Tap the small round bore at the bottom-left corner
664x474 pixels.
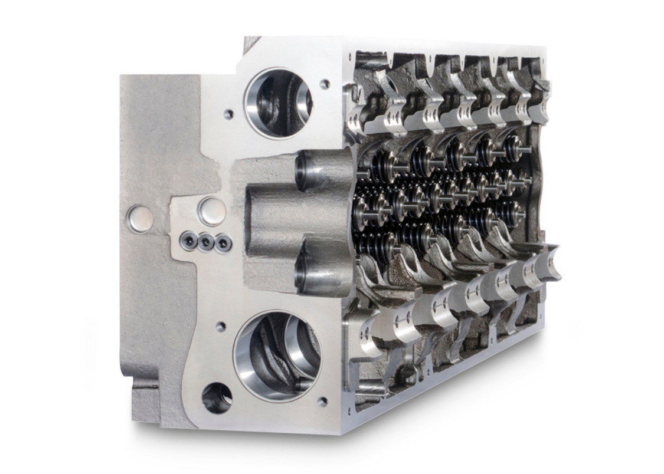[x=217, y=398]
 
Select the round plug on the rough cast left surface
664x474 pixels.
[x=139, y=218]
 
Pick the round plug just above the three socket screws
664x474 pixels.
[x=211, y=210]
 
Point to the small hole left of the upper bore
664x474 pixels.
[x=228, y=114]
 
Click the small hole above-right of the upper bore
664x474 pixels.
[x=324, y=84]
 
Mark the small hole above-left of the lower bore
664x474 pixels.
[x=220, y=326]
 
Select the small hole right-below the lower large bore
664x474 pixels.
[x=322, y=401]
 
